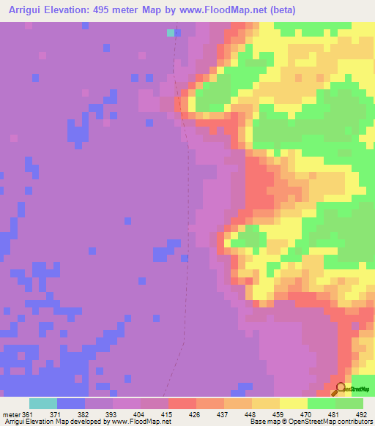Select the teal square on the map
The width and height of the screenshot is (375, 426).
coord(171,32)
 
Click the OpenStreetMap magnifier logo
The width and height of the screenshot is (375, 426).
coord(339,389)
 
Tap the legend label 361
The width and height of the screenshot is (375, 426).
coord(29,414)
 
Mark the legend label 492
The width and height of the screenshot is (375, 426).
coord(360,414)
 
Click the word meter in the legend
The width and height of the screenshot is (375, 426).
coord(10,414)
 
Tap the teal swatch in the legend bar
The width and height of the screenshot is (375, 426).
coord(42,403)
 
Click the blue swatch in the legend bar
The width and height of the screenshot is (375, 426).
coord(70,403)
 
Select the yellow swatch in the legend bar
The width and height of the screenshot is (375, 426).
coord(293,403)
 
